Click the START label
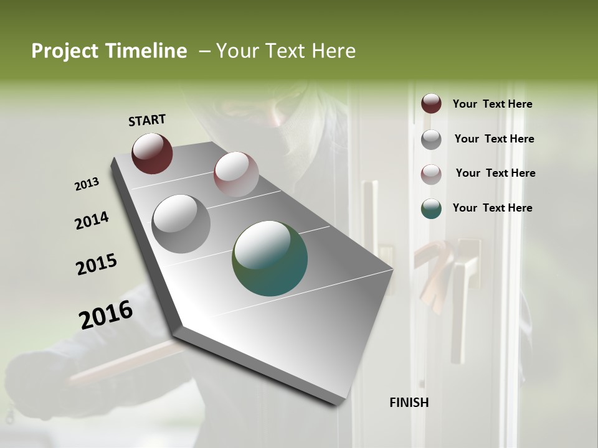point(147,120)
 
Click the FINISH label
point(409,403)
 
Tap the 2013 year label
point(87,184)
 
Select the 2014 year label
point(92,220)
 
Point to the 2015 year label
point(97,264)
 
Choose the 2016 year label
point(106,314)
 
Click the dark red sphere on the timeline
point(152,153)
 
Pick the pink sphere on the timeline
point(236,174)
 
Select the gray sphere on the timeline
point(181,223)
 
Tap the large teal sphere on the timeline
point(270,258)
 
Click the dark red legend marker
point(431,104)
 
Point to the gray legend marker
point(431,139)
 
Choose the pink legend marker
point(431,174)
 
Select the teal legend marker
point(431,208)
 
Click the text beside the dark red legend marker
point(492,104)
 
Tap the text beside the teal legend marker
point(492,208)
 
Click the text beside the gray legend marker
point(494,139)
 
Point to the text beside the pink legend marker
point(495,173)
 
